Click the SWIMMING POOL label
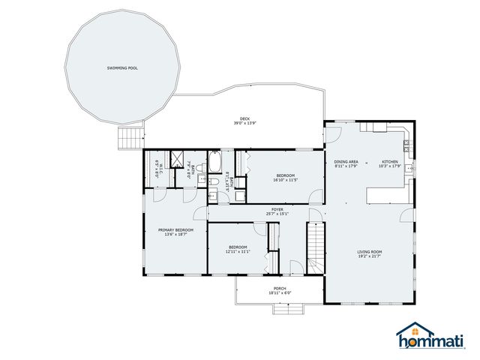121,67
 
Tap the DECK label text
244,118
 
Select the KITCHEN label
390,161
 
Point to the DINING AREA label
346,161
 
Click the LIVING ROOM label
370,252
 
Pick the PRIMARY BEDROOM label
175,229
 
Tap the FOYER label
277,210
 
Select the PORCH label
279,288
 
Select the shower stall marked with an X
178,158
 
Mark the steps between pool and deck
130,137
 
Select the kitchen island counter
388,195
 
